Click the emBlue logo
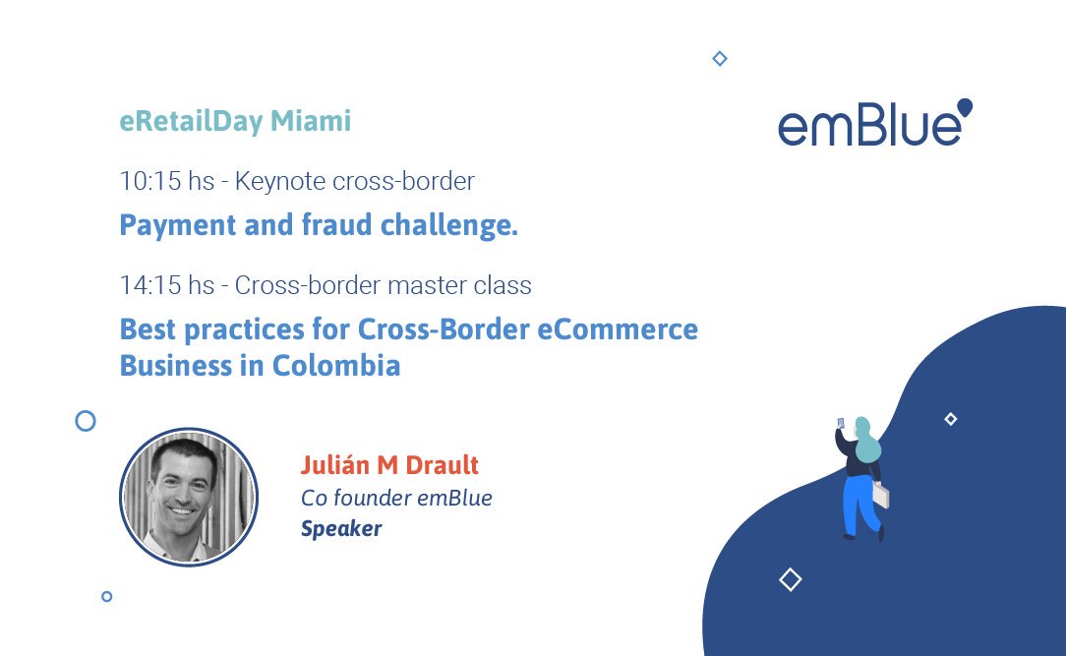pos(873,125)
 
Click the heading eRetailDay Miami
pos(235,121)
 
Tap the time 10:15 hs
pos(166,181)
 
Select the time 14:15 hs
pos(166,285)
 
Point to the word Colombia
pos(336,366)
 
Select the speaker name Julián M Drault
pos(389,464)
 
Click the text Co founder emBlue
pos(396,498)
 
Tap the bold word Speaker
pos(340,529)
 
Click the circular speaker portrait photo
pos(189,497)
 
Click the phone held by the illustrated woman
pos(841,423)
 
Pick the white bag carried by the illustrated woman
pos(881,495)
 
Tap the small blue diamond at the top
pos(719,59)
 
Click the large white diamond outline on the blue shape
pos(790,579)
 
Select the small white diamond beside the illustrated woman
pos(950,419)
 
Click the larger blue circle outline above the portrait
pos(86,421)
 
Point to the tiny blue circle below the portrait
pos(106,596)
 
